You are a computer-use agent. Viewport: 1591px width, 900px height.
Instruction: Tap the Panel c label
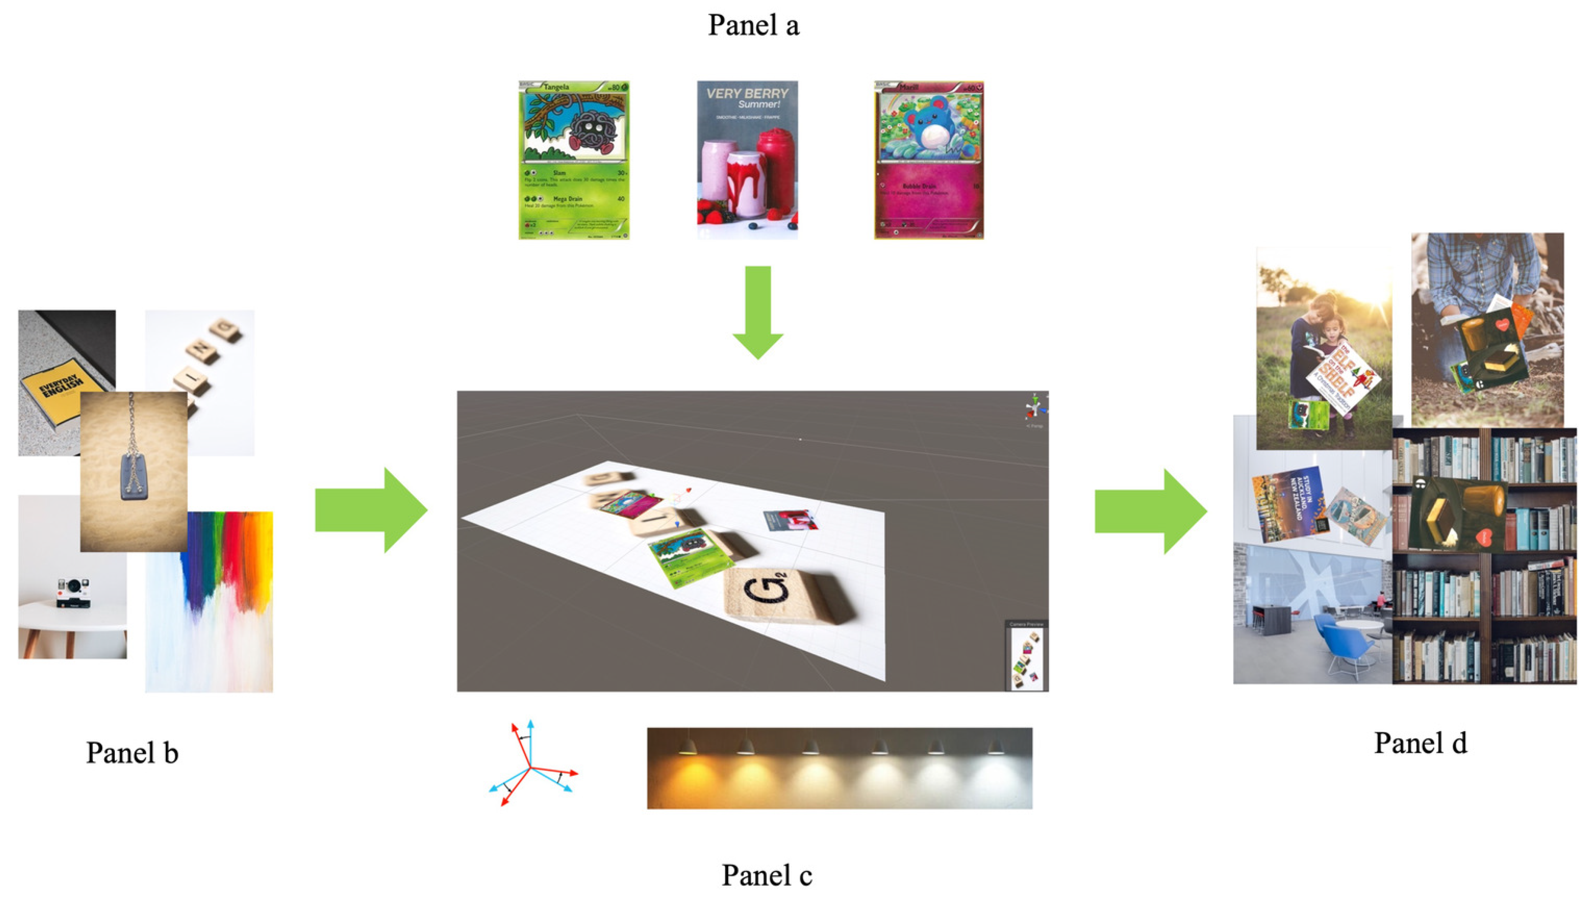pos(766,875)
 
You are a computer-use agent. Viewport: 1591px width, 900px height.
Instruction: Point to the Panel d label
pos(1420,743)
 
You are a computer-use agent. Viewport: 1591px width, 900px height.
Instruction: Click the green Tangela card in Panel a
pos(574,160)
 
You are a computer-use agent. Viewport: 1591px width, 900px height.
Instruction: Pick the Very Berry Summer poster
pos(747,160)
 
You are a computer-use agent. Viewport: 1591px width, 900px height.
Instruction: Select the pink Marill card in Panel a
pos(928,160)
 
